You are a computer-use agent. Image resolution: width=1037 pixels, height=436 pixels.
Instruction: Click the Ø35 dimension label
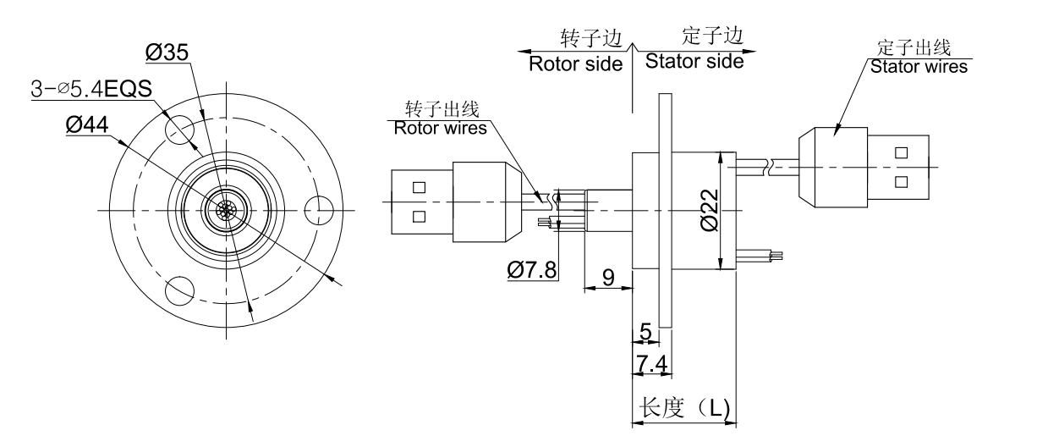[x=167, y=53]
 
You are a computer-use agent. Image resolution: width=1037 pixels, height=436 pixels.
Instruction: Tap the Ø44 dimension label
[x=86, y=125]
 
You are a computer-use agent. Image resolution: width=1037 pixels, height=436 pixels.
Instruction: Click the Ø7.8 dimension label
[x=532, y=270]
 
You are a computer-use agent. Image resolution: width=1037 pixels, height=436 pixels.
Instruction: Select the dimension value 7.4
[x=651, y=365]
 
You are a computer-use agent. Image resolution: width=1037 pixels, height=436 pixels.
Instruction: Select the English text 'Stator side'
[x=694, y=62]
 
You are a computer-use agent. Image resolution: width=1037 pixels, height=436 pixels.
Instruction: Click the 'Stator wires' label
[x=919, y=65]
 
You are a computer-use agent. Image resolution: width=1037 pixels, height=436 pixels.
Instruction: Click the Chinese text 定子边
[x=712, y=36]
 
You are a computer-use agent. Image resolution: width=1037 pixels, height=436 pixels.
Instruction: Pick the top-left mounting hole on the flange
[x=181, y=128]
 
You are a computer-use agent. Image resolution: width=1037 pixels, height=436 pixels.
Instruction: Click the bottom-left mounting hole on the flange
[x=180, y=290]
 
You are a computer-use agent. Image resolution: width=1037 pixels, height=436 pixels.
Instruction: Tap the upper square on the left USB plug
[x=418, y=186]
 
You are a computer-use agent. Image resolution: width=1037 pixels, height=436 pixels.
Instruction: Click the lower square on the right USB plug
[x=901, y=180]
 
